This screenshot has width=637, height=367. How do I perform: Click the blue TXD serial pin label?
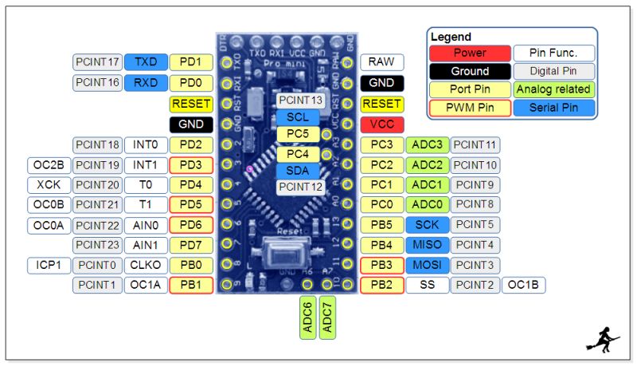(146, 61)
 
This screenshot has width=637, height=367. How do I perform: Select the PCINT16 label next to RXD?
(98, 82)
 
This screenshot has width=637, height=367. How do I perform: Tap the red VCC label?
(382, 124)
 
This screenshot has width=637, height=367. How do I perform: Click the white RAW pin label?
(382, 62)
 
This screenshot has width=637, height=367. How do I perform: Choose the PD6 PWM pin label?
(191, 226)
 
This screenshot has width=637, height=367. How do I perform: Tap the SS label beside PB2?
(427, 285)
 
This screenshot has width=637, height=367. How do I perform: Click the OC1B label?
(523, 285)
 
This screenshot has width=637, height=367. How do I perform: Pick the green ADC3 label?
(427, 145)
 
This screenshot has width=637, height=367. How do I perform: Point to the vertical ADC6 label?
(308, 318)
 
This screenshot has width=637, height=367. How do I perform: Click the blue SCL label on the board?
(298, 117)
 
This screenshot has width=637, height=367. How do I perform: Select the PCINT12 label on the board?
(301, 187)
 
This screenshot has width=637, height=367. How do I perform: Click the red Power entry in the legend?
(470, 53)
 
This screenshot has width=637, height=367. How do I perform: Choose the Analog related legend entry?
(553, 89)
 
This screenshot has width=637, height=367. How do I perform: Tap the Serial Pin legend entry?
(553, 108)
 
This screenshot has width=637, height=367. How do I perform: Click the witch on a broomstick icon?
(603, 339)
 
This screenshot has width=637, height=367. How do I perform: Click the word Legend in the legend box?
(451, 37)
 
